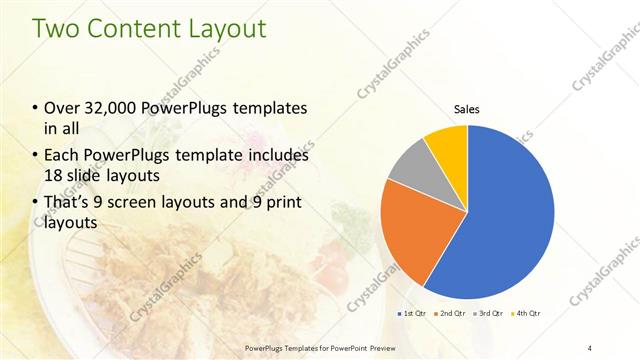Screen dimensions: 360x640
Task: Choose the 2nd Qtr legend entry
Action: tap(450, 313)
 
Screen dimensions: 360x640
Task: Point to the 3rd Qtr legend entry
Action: tap(489, 313)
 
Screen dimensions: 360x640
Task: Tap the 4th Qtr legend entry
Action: tap(528, 313)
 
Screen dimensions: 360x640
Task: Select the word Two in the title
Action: tap(58, 28)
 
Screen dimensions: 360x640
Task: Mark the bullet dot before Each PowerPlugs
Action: tap(36, 157)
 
